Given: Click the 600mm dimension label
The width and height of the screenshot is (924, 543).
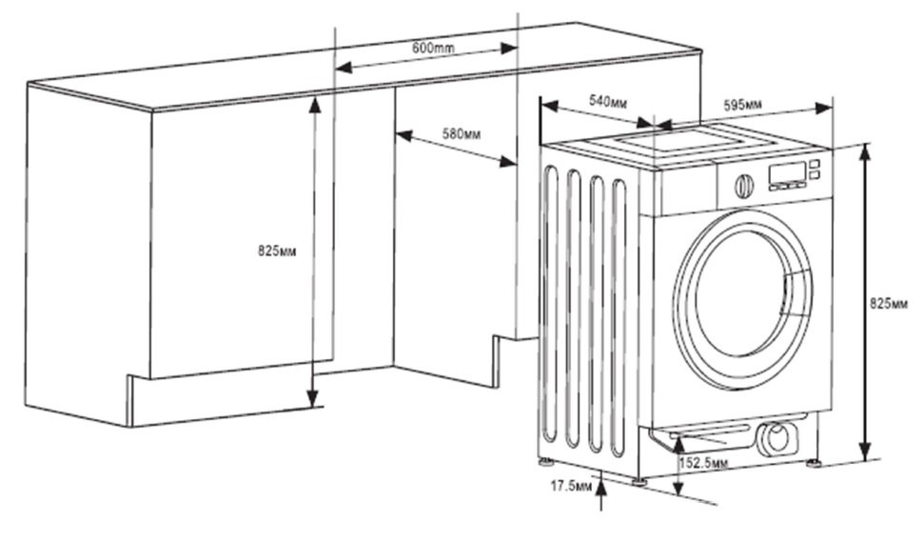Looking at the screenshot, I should point(432,48).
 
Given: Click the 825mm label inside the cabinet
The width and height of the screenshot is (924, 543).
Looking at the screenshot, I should point(277,251).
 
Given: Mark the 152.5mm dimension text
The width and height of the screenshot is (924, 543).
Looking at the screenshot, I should point(704,463).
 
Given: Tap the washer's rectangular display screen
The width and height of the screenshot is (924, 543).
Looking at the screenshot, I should point(788,172).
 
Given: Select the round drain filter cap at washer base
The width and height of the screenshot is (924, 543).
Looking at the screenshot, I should point(777,438).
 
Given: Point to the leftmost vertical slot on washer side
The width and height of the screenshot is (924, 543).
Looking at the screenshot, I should point(549,305).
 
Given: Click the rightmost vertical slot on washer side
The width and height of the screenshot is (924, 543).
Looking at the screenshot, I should point(619,314).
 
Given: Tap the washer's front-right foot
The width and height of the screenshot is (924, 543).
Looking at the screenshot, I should point(815,465).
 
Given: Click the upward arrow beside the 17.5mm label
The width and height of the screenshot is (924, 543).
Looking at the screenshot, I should point(601,487).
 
